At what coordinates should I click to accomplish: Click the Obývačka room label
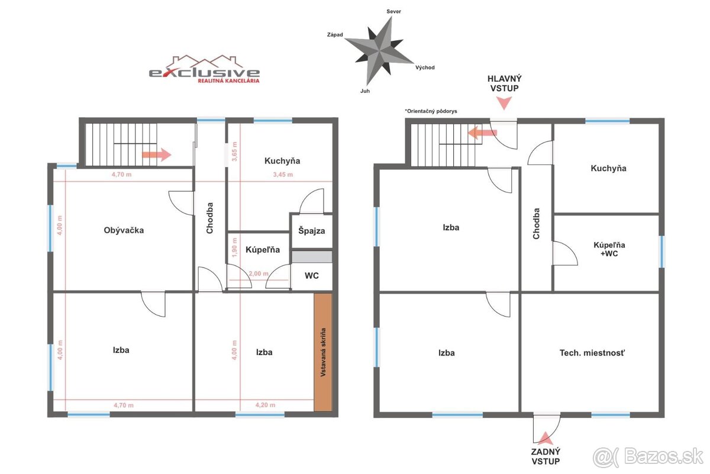click(124, 230)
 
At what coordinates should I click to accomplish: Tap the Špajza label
click(312, 231)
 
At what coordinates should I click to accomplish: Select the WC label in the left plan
click(312, 276)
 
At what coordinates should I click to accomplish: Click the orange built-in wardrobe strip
click(323, 352)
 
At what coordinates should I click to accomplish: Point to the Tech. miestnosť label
click(592, 353)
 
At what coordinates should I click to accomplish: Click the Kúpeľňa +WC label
click(609, 249)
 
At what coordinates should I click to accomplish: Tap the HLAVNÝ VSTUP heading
click(504, 83)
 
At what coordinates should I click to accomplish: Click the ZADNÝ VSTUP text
click(546, 456)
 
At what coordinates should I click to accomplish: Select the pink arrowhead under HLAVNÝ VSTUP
click(504, 103)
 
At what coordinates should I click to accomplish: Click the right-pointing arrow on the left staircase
click(157, 154)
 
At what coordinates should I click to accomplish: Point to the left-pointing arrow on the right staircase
click(482, 133)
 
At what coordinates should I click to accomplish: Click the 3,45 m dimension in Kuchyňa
click(283, 175)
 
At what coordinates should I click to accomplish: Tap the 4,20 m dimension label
click(265, 405)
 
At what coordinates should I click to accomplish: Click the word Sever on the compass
click(393, 11)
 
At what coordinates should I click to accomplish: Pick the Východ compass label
click(425, 67)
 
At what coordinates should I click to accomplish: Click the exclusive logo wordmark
click(204, 73)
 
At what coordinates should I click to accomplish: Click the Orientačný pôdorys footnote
click(431, 111)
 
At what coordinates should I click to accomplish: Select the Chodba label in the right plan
click(536, 223)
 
